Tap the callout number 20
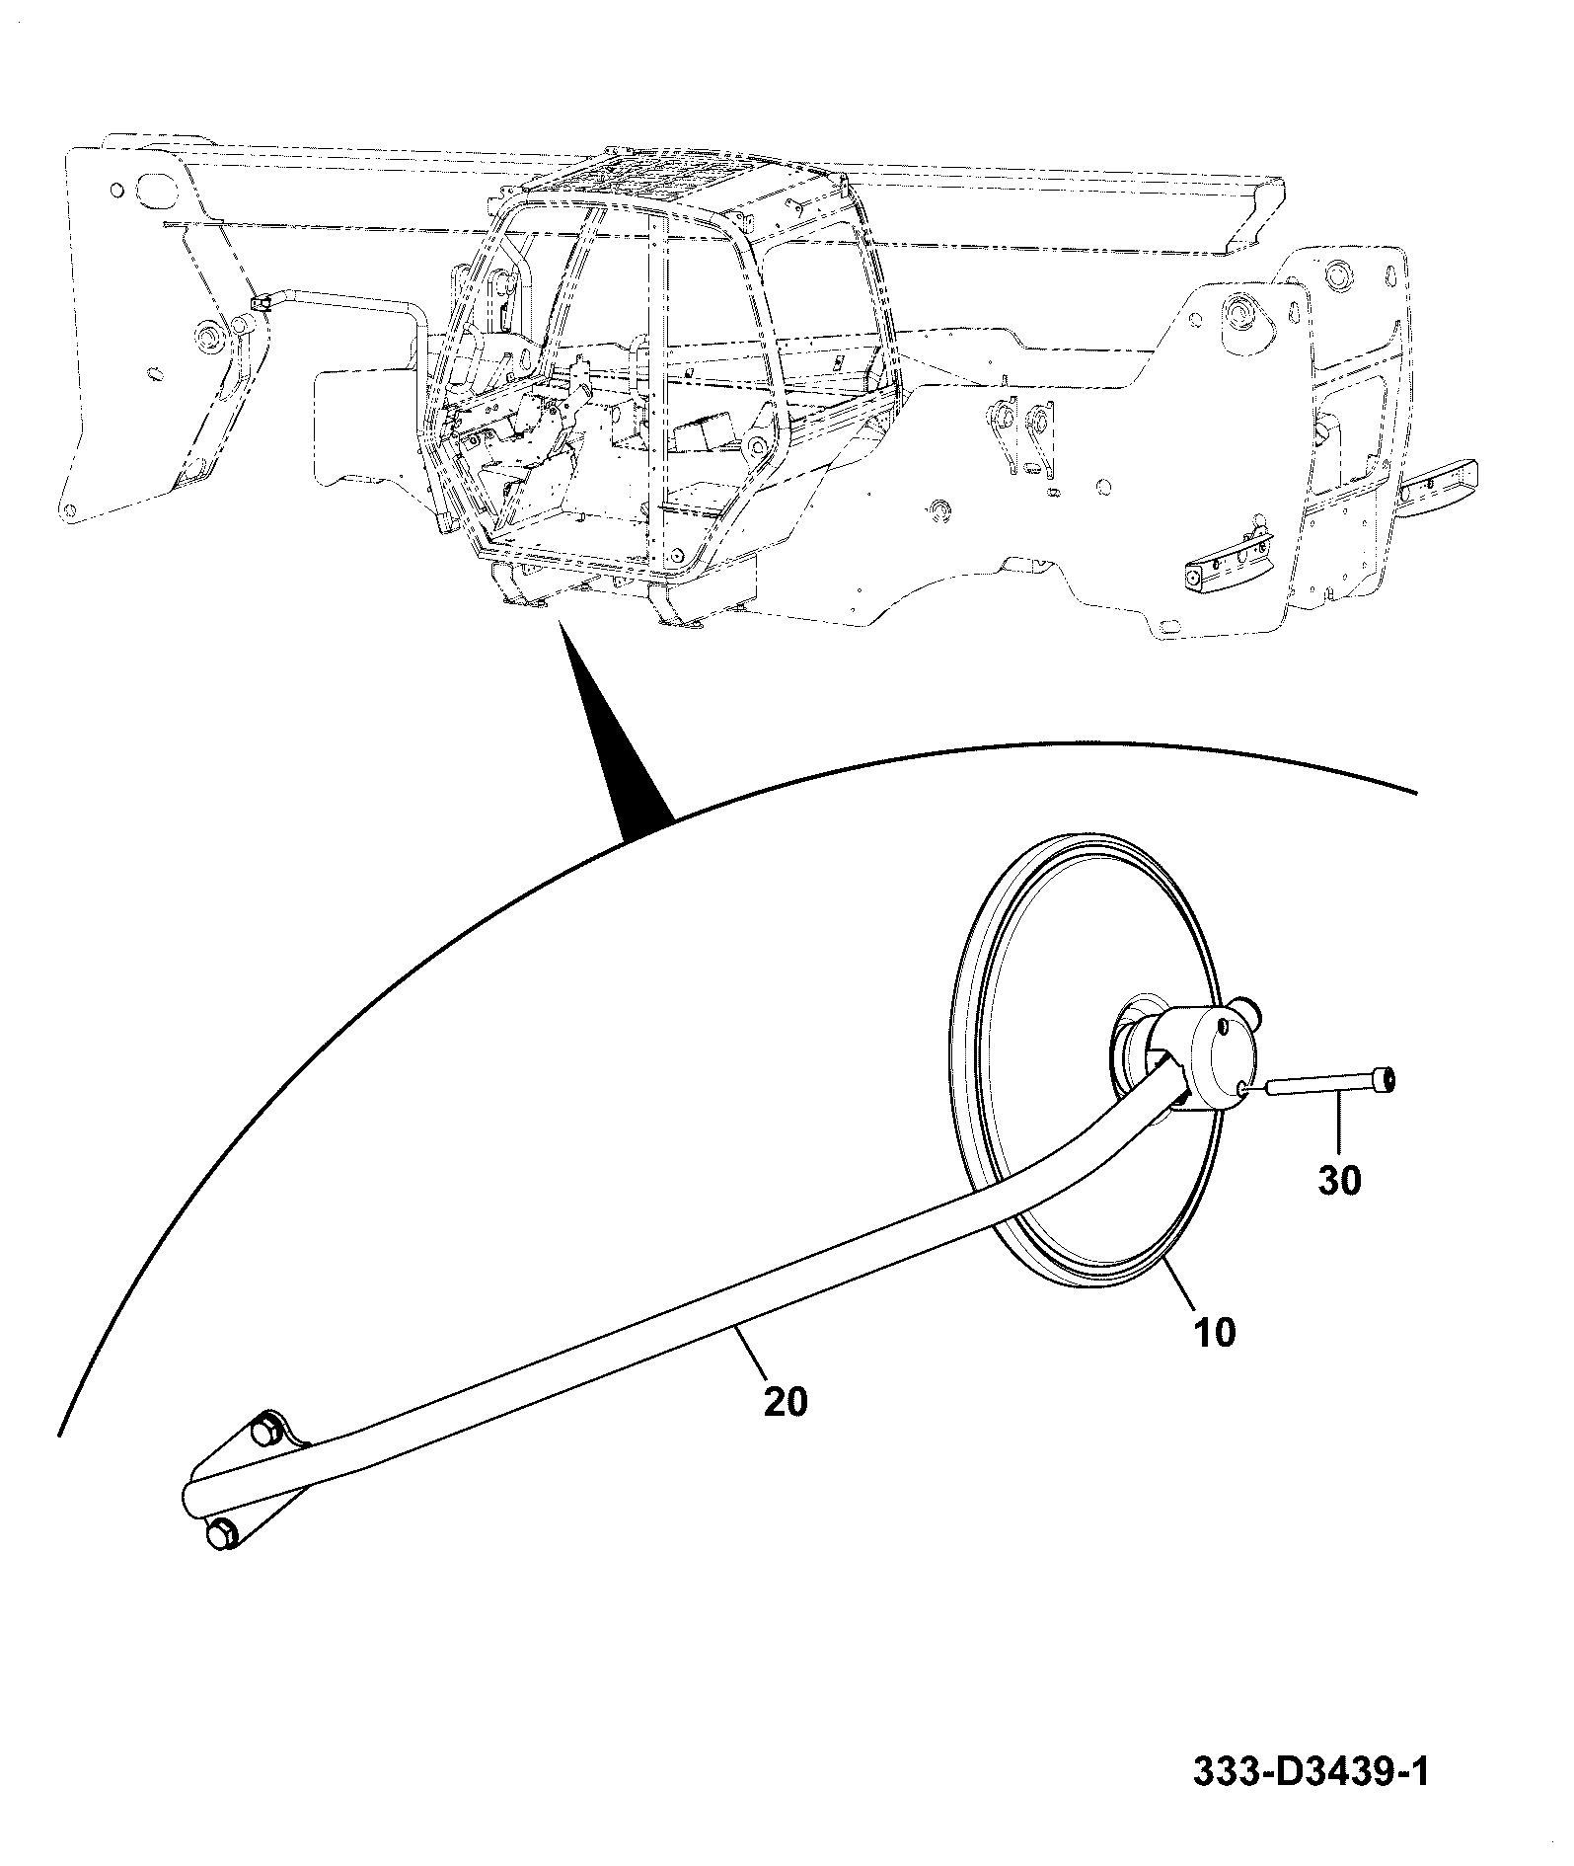pyautogui.click(x=786, y=1401)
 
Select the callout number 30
pyautogui.click(x=1339, y=1180)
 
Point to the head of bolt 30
pyautogui.click(x=1388, y=1080)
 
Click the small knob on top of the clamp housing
pyautogui.click(x=1248, y=1012)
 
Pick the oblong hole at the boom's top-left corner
pyautogui.click(x=156, y=189)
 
